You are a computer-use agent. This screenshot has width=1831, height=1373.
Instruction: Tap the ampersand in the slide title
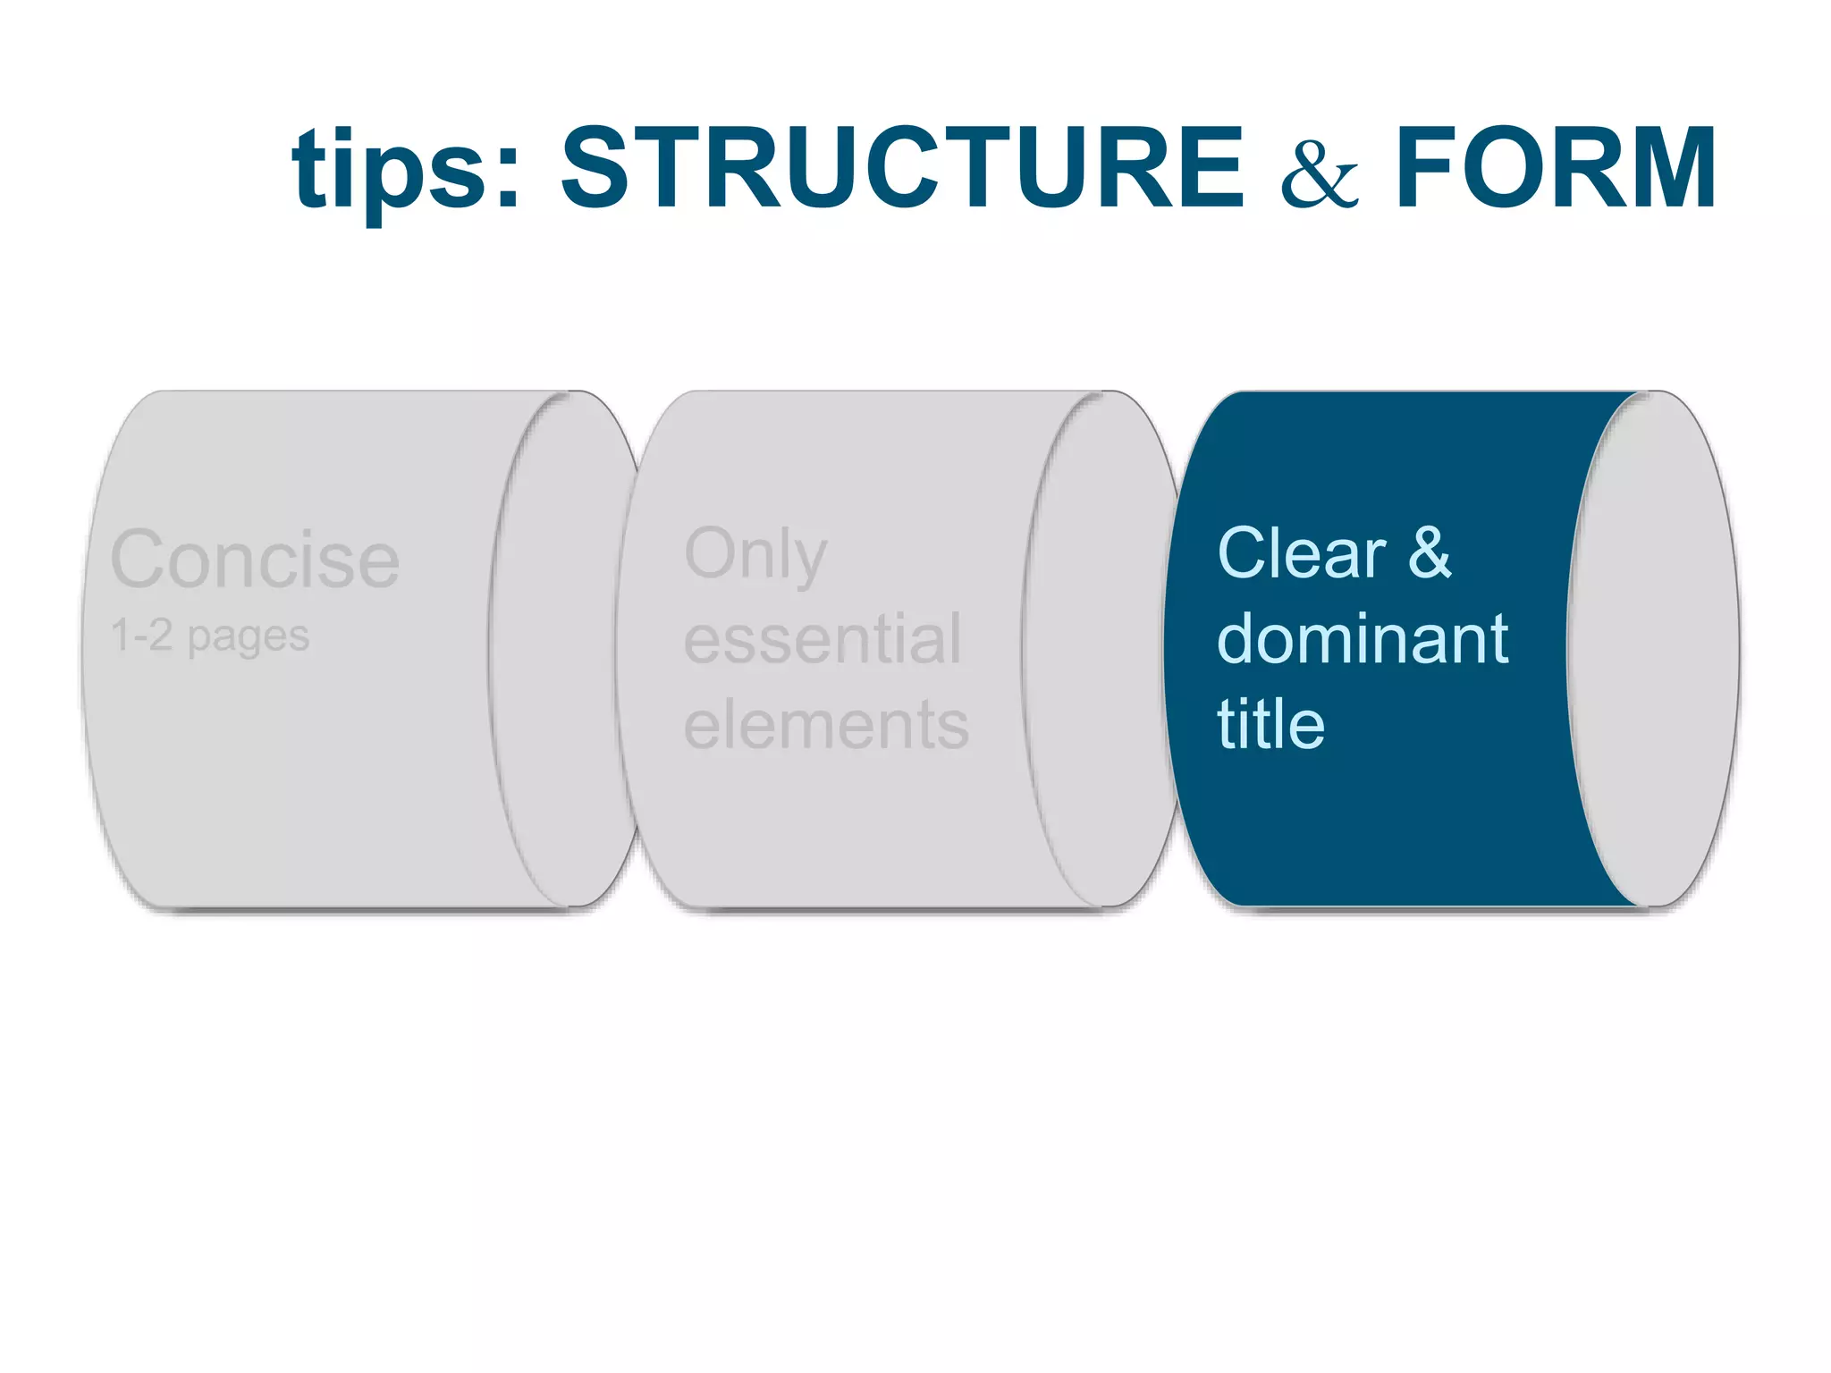tap(1320, 173)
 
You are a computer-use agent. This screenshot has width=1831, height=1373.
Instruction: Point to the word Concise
tap(255, 560)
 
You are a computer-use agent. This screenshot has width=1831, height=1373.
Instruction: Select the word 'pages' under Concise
tap(249, 638)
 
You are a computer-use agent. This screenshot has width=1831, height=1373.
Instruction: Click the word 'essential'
tap(823, 639)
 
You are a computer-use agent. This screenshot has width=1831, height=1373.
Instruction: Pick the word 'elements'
tap(826, 724)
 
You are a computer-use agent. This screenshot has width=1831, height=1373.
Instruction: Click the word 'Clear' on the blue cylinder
tap(1301, 553)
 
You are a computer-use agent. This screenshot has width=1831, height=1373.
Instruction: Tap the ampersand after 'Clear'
tap(1430, 553)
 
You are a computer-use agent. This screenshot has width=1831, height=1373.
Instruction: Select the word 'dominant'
tap(1363, 639)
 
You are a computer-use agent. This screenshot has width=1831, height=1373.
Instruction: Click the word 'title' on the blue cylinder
tap(1270, 724)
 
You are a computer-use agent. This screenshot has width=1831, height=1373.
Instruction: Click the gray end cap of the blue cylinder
tap(1654, 649)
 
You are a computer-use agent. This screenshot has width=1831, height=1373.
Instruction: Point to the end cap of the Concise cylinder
tap(563, 649)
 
